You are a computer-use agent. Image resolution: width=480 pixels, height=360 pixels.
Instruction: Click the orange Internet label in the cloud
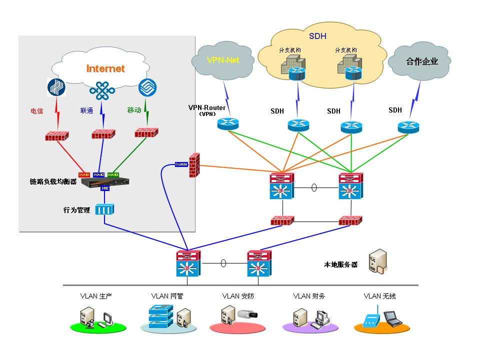coord(105,68)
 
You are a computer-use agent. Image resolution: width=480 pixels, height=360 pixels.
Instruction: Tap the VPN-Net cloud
coord(223,60)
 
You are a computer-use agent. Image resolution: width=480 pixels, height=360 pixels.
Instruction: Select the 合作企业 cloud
coord(421,61)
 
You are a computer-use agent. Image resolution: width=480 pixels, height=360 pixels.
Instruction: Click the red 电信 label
coord(37,110)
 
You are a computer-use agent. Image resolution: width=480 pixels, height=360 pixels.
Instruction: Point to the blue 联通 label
coord(86,110)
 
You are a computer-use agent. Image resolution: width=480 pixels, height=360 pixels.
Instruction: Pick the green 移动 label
coord(134,109)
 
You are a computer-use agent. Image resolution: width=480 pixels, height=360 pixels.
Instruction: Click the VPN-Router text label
coord(206,108)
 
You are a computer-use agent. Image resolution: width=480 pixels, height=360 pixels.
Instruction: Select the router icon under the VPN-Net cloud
coord(228,123)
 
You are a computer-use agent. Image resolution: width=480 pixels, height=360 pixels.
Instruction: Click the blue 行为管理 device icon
coord(105,210)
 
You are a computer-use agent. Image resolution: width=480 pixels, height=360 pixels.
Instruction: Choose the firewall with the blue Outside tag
coord(194,165)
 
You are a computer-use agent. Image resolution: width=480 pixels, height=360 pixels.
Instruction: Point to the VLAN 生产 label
coord(96,296)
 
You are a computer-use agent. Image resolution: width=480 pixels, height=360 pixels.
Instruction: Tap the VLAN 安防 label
coord(238,296)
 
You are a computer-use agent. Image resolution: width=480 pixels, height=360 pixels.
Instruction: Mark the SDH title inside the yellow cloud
coord(317,36)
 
